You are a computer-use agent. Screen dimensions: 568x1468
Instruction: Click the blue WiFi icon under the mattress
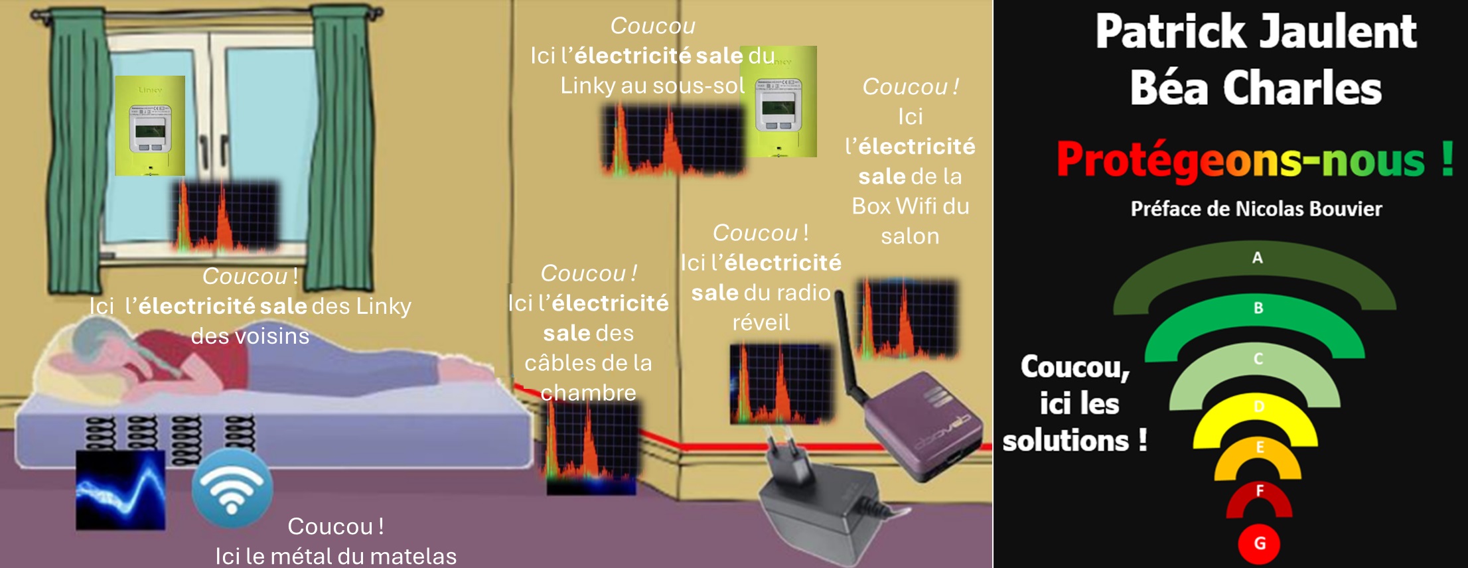(x=232, y=489)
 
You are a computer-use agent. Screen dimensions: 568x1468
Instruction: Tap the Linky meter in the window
(x=150, y=126)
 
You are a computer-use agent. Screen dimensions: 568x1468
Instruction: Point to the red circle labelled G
(x=1259, y=543)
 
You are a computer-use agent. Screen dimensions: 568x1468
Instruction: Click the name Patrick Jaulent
(x=1256, y=32)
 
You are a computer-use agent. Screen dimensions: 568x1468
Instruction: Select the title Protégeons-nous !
(x=1254, y=160)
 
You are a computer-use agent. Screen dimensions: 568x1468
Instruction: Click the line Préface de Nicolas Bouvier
(x=1256, y=209)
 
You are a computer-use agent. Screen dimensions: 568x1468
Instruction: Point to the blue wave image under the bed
(x=120, y=490)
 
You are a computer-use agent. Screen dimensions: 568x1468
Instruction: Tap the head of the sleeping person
(x=100, y=345)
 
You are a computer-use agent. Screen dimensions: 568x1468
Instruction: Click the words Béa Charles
(x=1256, y=88)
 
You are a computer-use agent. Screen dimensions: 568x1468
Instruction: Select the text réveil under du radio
(x=761, y=322)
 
